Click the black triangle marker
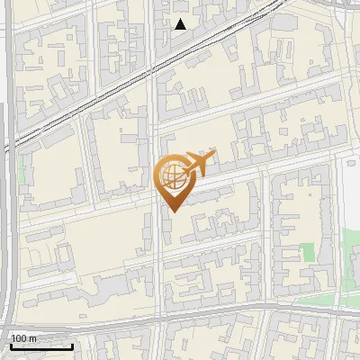[x=181, y=24]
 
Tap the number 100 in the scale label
[x=20, y=338]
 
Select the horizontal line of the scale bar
[x=41, y=347]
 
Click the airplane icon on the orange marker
[x=196, y=164]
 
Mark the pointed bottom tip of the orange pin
[x=171, y=212]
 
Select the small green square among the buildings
[x=309, y=253]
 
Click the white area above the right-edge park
[x=350, y=189]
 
